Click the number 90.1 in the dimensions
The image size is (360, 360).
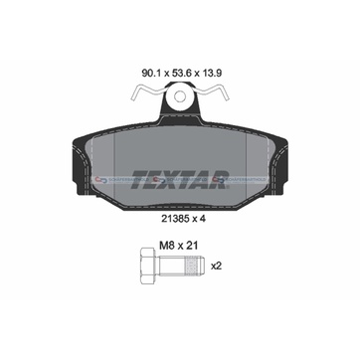click(x=150, y=73)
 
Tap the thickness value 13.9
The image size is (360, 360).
click(x=212, y=73)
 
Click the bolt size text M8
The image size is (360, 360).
click(x=166, y=246)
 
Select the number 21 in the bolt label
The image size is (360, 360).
click(x=192, y=246)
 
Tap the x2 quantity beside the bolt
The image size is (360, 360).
click(x=216, y=266)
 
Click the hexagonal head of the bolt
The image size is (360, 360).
click(x=147, y=266)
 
